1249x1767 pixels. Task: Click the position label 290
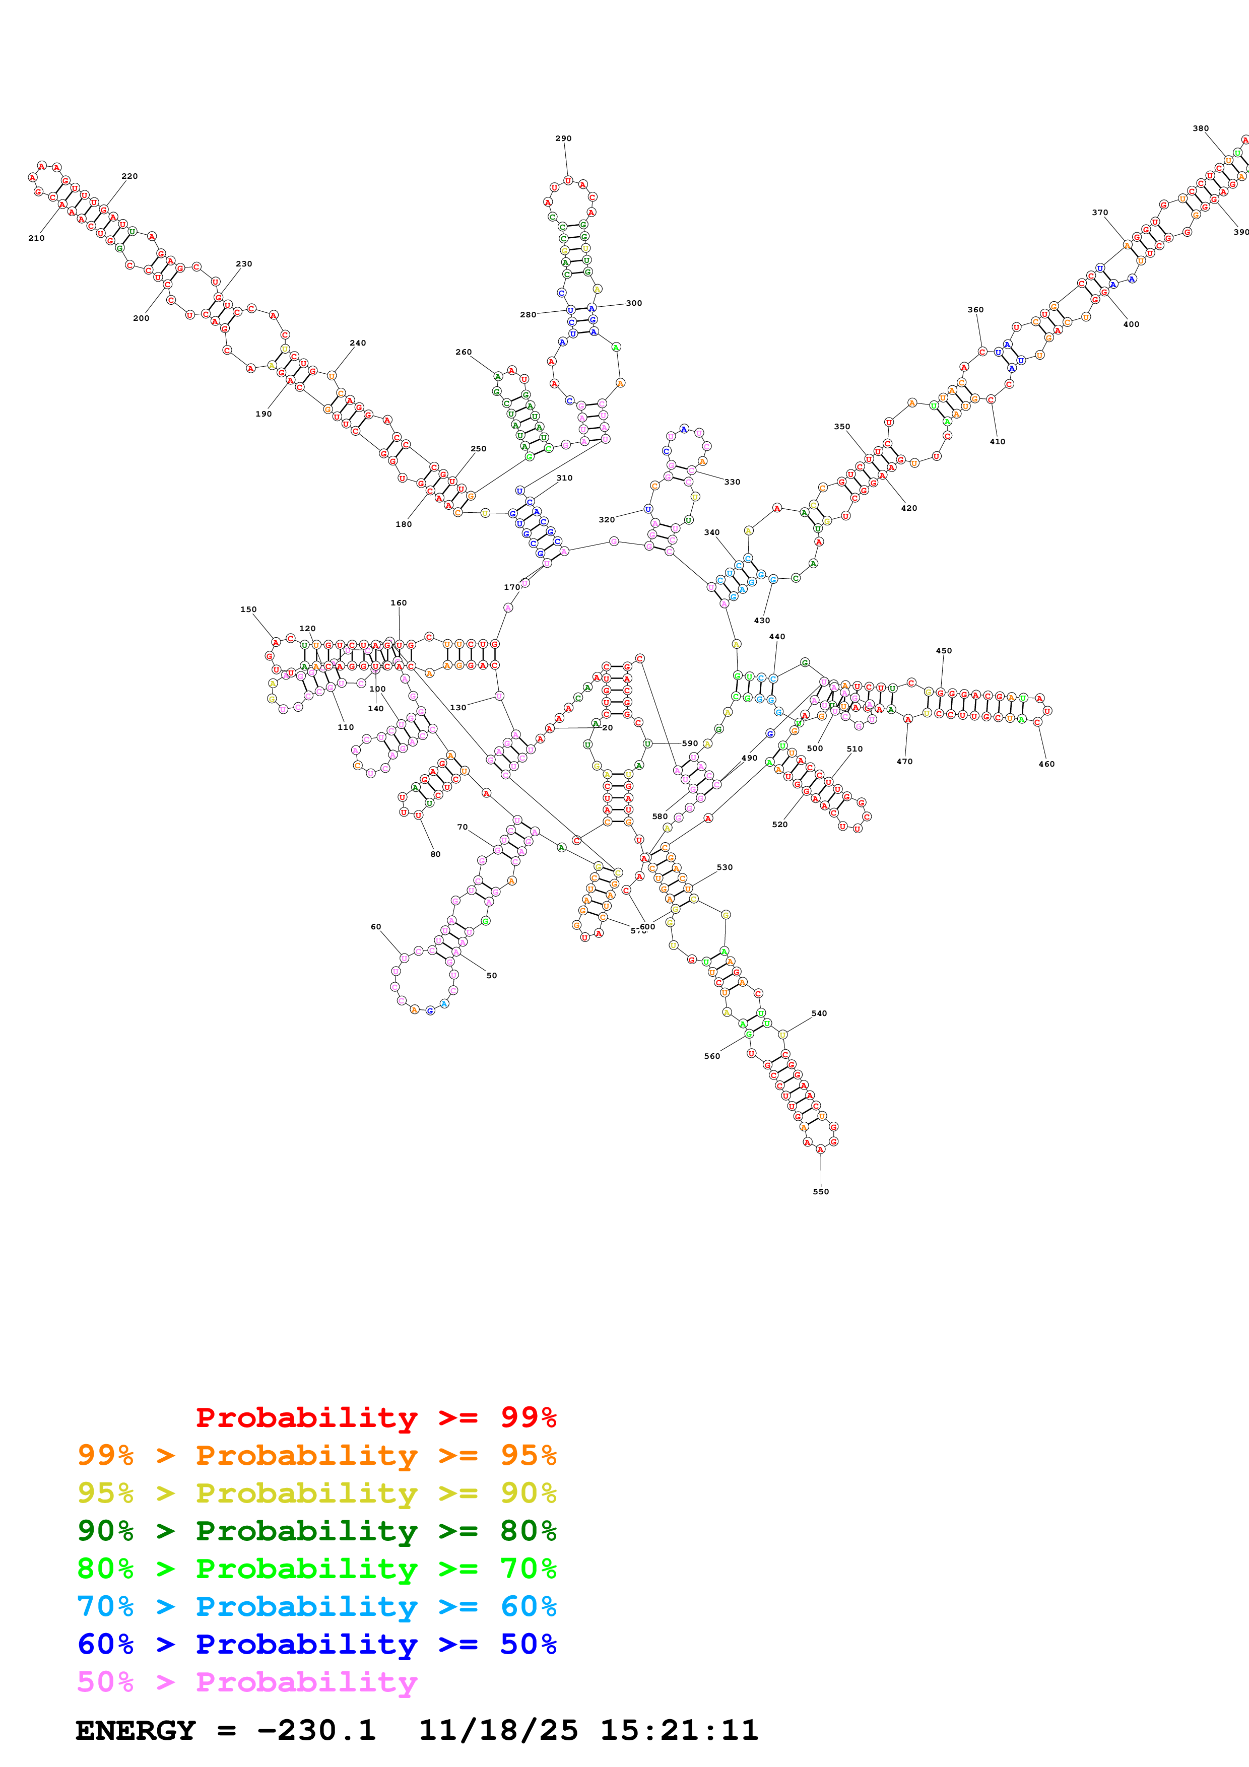click(x=563, y=139)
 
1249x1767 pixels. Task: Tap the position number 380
click(x=1201, y=128)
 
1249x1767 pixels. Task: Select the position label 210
click(x=36, y=238)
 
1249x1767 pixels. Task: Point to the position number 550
click(x=821, y=1191)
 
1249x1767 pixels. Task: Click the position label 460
click(x=1046, y=764)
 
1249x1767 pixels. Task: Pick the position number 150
click(x=248, y=609)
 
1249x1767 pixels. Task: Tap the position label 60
click(x=375, y=927)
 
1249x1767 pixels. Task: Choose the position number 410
click(x=998, y=442)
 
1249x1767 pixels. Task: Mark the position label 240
click(x=358, y=343)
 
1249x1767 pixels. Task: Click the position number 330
click(x=732, y=482)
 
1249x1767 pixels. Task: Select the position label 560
click(x=712, y=1056)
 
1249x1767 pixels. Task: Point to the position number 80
click(x=436, y=854)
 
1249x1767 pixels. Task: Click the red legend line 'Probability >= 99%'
click(x=375, y=1417)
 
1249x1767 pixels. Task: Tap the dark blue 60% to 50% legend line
click(x=317, y=1644)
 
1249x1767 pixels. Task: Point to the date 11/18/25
click(x=498, y=1730)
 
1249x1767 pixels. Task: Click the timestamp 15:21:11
click(x=679, y=1730)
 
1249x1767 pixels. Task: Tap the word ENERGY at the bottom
click(x=136, y=1730)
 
